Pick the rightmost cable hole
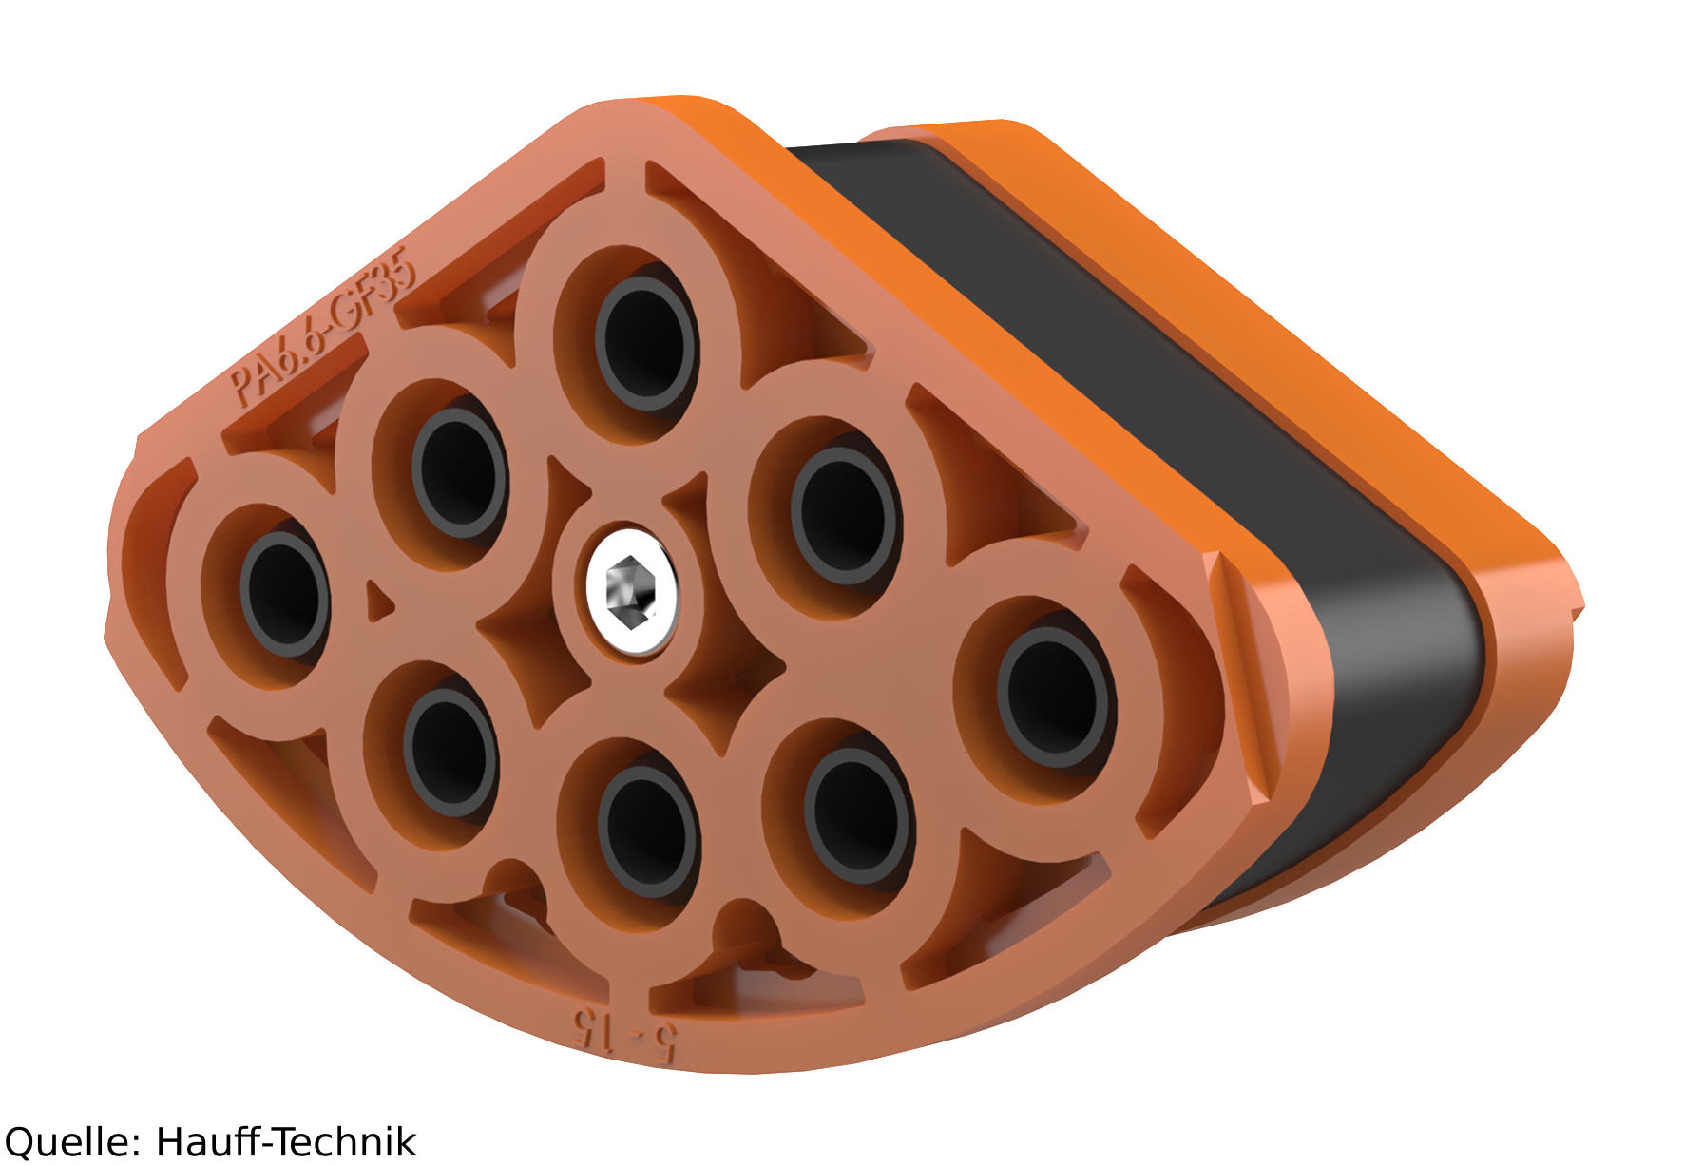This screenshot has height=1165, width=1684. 1053,698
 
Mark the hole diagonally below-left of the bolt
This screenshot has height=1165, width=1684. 450,753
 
